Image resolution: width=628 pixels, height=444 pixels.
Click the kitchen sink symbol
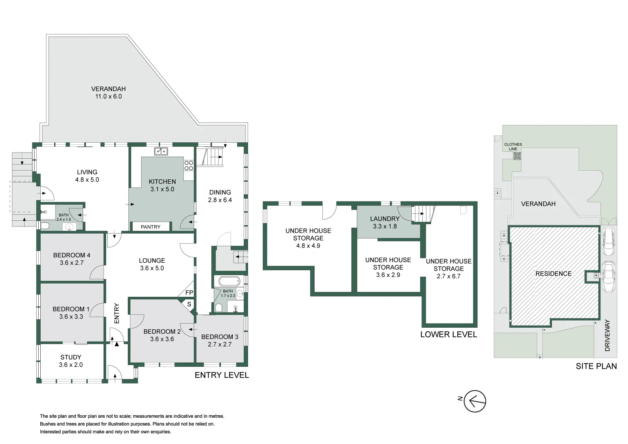tap(161, 151)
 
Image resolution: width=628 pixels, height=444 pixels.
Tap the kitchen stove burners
tap(189, 165)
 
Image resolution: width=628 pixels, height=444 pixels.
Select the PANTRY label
tap(151, 227)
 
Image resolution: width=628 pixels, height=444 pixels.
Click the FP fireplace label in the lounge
tap(189, 293)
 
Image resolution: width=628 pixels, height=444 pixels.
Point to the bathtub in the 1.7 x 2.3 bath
tap(229, 282)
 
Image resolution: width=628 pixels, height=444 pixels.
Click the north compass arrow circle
tap(475, 401)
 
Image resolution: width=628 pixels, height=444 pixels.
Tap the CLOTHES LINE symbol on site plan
tap(517, 156)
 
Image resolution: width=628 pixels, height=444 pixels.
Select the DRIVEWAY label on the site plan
tap(607, 335)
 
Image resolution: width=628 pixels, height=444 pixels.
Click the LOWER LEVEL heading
tap(448, 335)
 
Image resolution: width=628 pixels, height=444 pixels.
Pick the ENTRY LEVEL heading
tap(222, 375)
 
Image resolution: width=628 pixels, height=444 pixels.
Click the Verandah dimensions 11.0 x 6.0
tap(109, 97)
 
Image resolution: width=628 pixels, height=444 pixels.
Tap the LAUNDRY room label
tap(385, 219)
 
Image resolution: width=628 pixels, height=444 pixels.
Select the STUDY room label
tap(71, 357)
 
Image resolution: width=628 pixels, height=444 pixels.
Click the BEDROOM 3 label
tap(220, 337)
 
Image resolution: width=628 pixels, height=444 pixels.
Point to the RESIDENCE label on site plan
tap(553, 273)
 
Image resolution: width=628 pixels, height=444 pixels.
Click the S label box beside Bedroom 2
tap(189, 305)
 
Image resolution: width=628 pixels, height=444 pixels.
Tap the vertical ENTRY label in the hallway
tap(116, 313)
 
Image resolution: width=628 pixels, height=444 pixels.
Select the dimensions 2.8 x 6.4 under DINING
tap(220, 200)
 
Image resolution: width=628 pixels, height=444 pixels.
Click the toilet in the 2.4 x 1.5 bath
tap(45, 226)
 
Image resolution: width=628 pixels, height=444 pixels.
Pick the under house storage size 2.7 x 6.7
tap(448, 276)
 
